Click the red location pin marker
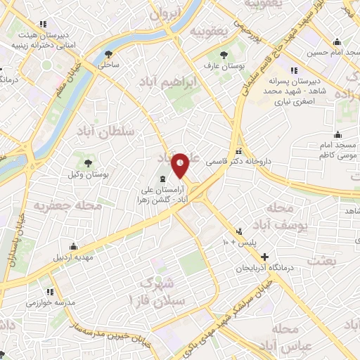pos(181,165)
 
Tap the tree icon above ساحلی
pos(108,53)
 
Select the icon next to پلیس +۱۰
pos(239,231)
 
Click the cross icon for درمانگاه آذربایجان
pos(264,257)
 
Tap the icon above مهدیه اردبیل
pos(72,246)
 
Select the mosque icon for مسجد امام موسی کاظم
pos(338,134)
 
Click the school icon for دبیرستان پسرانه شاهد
pos(292,70)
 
